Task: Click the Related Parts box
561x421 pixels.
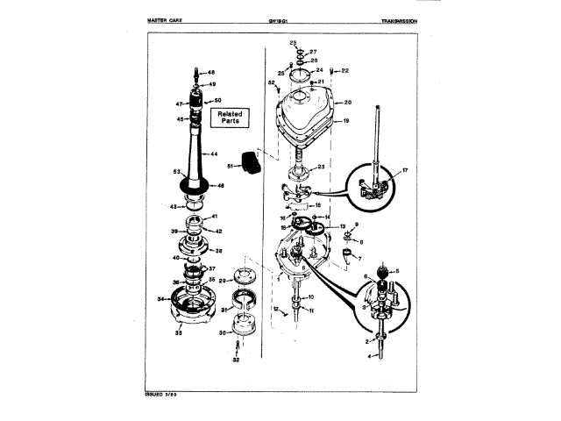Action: pos(230,118)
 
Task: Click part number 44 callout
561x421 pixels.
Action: pos(214,153)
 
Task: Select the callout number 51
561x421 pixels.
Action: pos(231,165)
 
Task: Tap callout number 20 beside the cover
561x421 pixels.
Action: pos(347,103)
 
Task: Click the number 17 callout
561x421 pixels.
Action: pos(405,169)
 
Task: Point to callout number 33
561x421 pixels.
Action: pos(178,333)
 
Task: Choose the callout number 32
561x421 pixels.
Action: pos(235,360)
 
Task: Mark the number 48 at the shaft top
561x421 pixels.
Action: pos(210,71)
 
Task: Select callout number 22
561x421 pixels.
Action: pos(345,70)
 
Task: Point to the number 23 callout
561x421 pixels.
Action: pos(322,166)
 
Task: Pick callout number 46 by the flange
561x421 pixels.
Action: pos(221,186)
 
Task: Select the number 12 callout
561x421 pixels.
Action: pos(274,310)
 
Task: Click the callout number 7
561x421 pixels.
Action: pos(359,259)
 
